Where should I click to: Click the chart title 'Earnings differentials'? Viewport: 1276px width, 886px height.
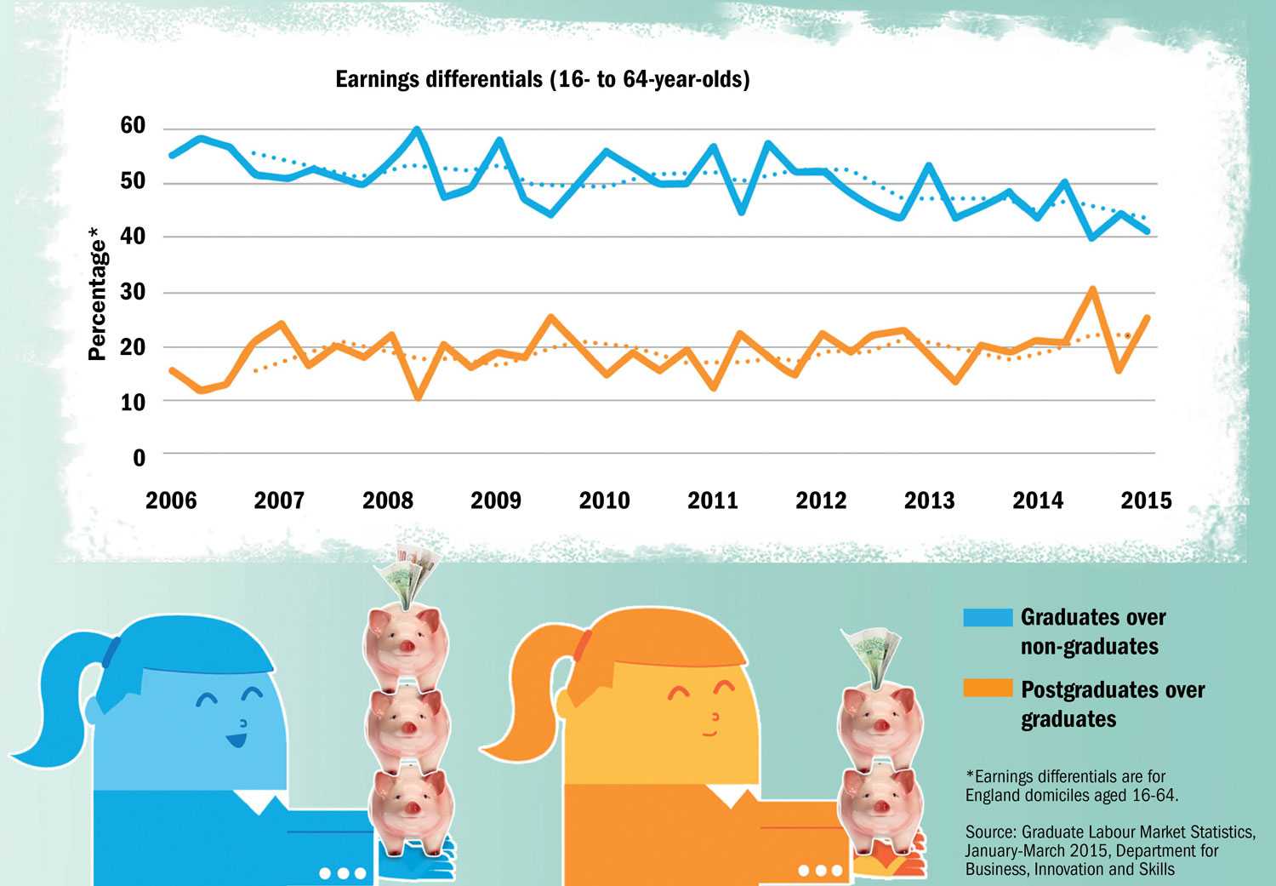tap(542, 80)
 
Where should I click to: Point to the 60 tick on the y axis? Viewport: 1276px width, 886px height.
tap(133, 126)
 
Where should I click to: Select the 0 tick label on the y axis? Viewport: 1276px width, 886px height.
tap(140, 458)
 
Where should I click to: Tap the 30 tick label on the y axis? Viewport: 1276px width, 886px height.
tap(133, 292)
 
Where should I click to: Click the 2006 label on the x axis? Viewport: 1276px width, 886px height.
tap(171, 500)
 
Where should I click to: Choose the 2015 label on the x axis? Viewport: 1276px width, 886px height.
tap(1146, 500)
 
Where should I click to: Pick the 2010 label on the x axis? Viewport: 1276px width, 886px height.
tap(604, 500)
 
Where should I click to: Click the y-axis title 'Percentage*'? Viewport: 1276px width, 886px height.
tap(98, 294)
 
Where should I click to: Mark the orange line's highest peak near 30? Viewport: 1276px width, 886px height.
tap(1092, 290)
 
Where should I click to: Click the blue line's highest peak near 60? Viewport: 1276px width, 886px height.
tap(417, 130)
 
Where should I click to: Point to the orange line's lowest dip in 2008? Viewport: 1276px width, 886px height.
tap(418, 396)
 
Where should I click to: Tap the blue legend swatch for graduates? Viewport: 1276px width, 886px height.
tap(988, 617)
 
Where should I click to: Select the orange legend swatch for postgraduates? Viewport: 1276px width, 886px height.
tap(988, 689)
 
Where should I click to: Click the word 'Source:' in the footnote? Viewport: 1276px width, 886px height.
tap(991, 832)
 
